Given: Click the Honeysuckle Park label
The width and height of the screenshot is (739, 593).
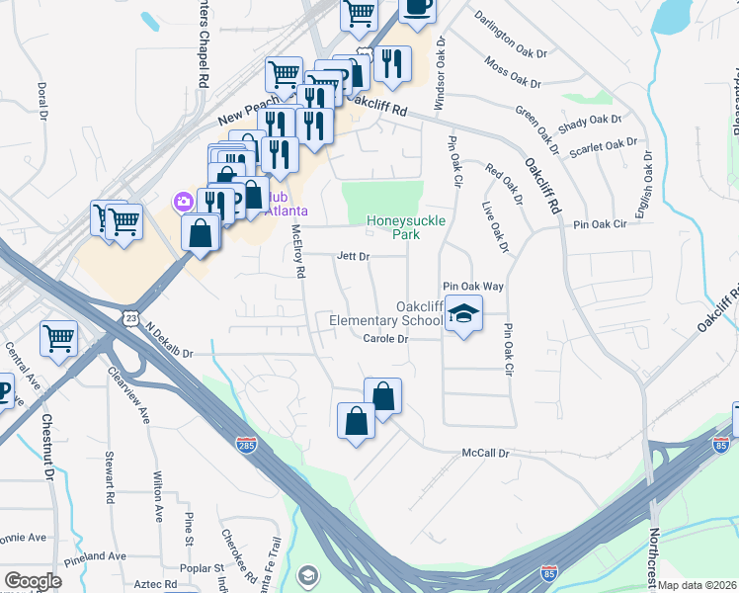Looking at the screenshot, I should [406, 227].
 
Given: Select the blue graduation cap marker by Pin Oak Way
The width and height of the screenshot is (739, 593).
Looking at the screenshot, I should [463, 314].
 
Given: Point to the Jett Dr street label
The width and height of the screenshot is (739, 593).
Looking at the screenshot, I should [353, 256].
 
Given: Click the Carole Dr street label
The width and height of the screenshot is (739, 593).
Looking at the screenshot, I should [385, 339].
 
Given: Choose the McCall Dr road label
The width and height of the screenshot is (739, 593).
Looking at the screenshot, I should [485, 454].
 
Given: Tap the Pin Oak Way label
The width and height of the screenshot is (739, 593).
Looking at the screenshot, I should [473, 286].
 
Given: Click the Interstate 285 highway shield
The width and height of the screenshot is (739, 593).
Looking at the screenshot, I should [247, 446].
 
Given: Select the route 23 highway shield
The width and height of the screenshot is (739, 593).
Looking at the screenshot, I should [131, 317].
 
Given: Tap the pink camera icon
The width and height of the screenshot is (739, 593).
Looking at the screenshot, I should [183, 202].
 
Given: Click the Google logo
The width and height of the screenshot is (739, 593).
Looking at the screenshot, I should [33, 581].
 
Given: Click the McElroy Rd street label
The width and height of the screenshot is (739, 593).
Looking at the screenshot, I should [298, 250].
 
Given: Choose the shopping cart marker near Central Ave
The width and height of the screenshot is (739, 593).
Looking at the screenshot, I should [59, 338].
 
